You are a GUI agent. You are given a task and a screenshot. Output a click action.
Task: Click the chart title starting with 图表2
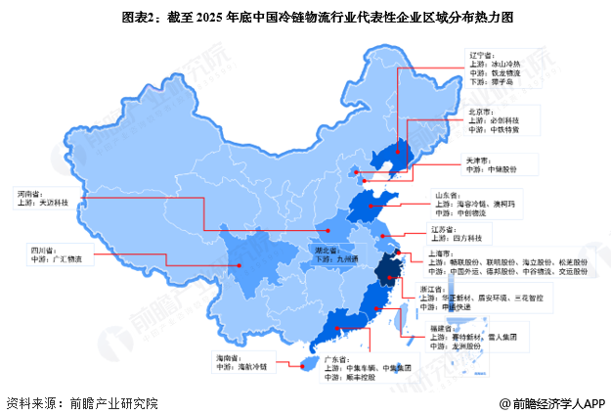pos(305,17)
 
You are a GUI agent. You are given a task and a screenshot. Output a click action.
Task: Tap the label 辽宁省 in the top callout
pos(477,57)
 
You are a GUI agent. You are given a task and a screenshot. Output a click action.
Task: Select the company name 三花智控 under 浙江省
pos(544,297)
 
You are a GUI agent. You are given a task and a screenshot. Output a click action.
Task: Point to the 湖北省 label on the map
pos(322,250)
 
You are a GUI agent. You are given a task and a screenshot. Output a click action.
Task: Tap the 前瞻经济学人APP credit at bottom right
pos(554,403)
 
